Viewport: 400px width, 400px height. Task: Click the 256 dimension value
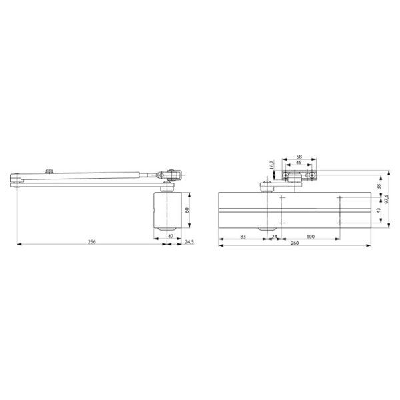point(92,241)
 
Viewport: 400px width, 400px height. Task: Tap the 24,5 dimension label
point(189,241)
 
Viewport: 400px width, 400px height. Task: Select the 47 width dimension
point(171,236)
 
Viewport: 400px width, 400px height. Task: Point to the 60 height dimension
point(187,210)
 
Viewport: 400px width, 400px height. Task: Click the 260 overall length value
point(295,243)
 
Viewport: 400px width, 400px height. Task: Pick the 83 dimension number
point(243,237)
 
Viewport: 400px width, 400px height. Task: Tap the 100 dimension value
point(311,237)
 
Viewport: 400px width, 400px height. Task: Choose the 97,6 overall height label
point(387,199)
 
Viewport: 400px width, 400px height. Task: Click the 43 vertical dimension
point(379,211)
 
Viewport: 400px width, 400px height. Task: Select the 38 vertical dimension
point(379,186)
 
